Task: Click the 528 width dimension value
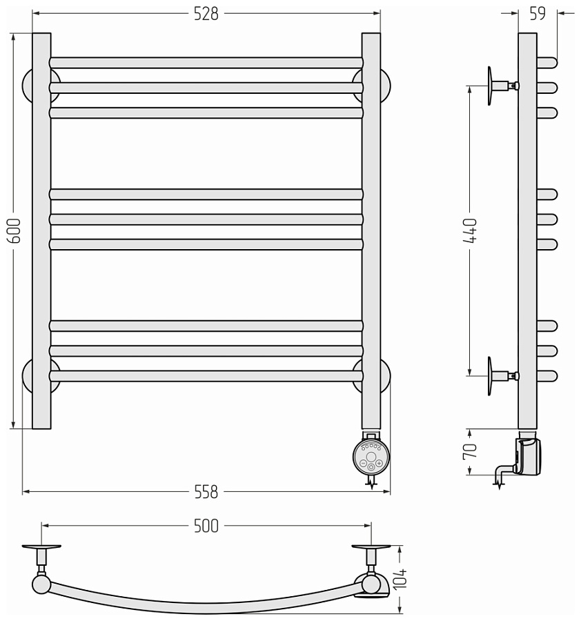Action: point(206,14)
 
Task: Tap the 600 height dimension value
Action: point(14,231)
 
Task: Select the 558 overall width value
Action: point(206,492)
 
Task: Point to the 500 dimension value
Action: point(206,526)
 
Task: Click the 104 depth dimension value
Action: point(400,579)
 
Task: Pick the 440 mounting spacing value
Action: point(471,230)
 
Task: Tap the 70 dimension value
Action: point(470,451)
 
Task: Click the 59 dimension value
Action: point(538,14)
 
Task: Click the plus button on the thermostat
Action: point(380,464)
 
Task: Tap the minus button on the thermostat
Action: point(363,464)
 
